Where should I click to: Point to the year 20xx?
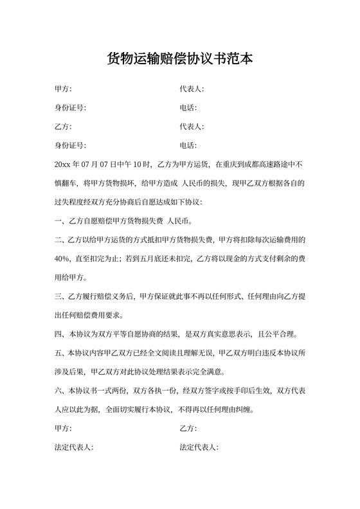(64, 164)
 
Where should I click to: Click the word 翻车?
(71, 183)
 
